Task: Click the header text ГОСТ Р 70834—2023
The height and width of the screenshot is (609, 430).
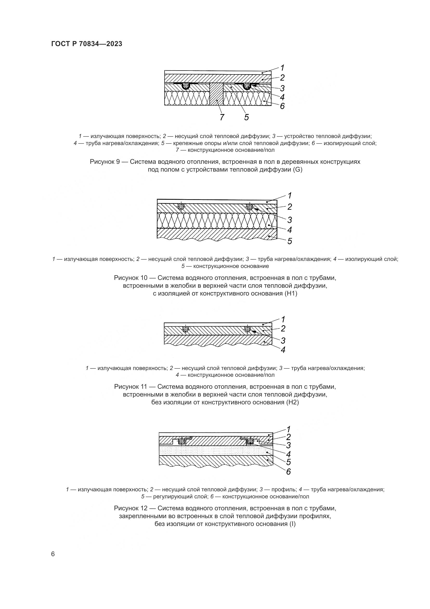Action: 87,44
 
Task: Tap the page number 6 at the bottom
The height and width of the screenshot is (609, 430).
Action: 53,554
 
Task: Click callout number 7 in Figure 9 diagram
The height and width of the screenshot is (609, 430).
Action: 222,117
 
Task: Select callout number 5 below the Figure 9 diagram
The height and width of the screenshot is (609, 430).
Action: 246,117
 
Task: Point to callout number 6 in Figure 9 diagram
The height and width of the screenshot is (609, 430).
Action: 282,106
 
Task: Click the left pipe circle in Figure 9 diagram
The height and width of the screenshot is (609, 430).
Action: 186,86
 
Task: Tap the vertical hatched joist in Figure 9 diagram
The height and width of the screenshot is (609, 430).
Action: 216,94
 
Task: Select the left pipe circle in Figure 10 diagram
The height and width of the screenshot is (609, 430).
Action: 181,207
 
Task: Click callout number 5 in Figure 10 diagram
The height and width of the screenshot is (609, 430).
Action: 290,241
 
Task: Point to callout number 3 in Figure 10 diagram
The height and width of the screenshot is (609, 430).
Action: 290,220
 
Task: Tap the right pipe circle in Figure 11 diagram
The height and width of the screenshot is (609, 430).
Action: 247,329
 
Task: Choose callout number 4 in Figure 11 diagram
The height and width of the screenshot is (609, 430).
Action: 283,350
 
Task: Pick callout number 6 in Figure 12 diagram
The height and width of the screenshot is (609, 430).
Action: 288,472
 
